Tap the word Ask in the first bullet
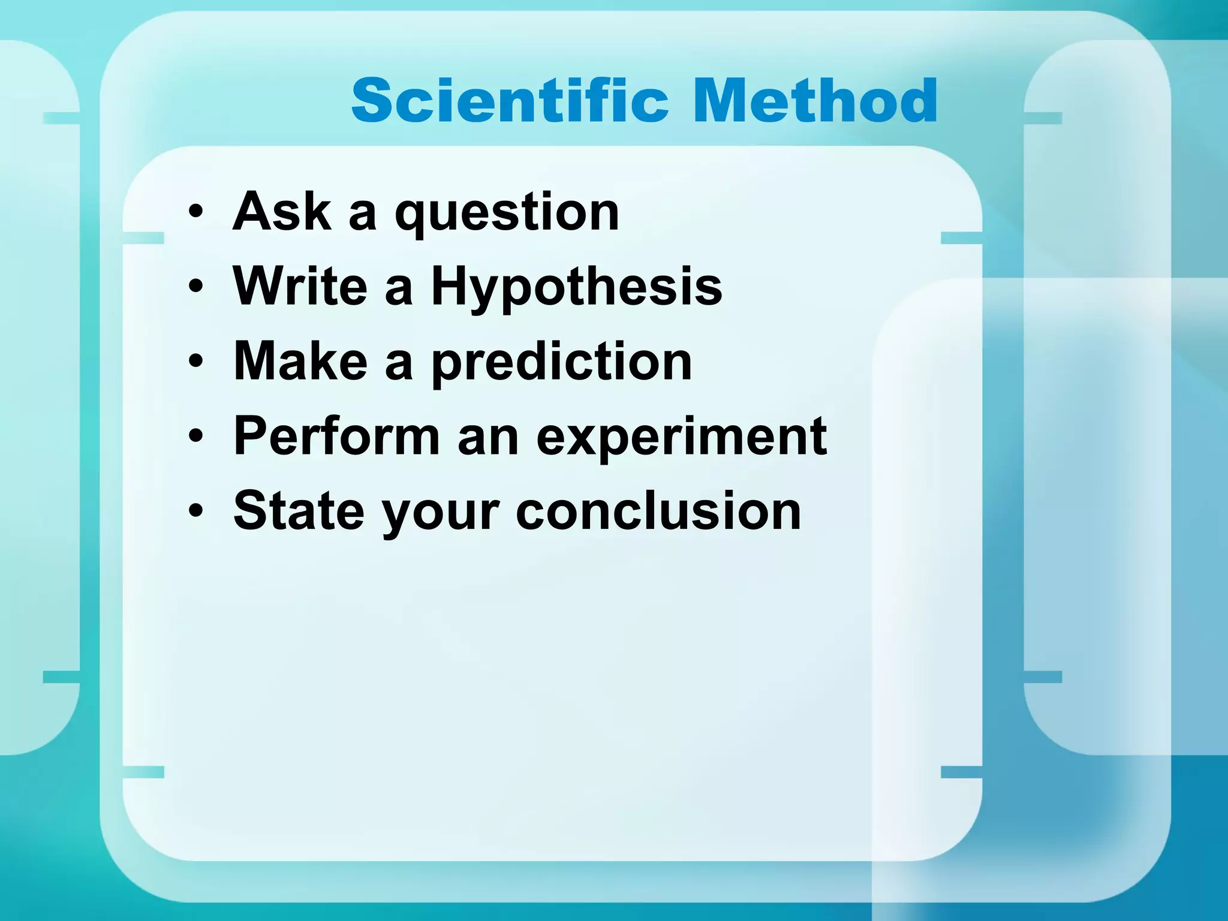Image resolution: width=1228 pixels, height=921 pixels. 282,211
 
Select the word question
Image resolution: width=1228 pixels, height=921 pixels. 507,215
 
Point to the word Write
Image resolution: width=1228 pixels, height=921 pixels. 300,286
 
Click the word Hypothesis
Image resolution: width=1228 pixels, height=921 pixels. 576,290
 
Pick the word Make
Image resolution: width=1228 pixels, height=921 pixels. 300,361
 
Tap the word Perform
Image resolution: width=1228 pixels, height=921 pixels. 336,436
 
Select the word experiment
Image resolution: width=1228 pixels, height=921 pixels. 681,440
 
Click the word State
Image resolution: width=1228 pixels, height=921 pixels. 299,511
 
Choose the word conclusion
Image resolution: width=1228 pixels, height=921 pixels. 658,511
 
